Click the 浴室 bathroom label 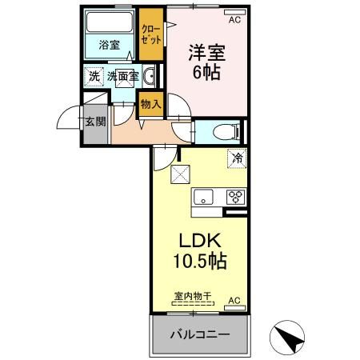pos(110,45)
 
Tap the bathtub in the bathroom pos(110,22)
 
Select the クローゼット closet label pos(151,34)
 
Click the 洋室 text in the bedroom pos(207,53)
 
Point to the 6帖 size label pos(206,72)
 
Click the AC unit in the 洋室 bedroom pos(234,12)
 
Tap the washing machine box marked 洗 pos(94,77)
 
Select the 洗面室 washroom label pos(123,76)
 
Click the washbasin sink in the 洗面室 pos(150,76)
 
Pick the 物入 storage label pos(151,104)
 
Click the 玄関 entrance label pos(95,122)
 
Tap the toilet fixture pos(226,131)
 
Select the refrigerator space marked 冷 pos(237,158)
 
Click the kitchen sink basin pos(203,197)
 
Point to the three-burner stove pos(236,197)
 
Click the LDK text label pos(200,240)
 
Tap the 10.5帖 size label pos(200,261)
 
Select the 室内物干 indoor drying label pos(193,296)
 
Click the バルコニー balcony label pos(200,334)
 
